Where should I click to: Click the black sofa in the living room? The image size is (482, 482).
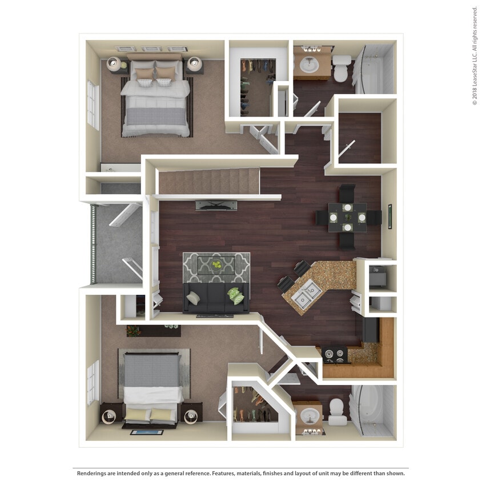pos(216,298)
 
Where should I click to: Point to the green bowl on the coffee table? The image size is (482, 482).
pos(216,264)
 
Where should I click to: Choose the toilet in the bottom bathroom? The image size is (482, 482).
pos(337,411)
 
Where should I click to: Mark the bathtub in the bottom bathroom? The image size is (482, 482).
pos(372,411)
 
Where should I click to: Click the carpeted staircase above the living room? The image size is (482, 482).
pos(208,180)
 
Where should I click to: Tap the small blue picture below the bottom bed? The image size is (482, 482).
pos(139,432)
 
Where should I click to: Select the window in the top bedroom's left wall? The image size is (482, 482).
pos(92,105)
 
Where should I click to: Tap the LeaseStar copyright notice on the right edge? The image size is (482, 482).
pos(475,55)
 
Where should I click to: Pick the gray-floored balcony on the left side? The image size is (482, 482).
pos(117,243)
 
